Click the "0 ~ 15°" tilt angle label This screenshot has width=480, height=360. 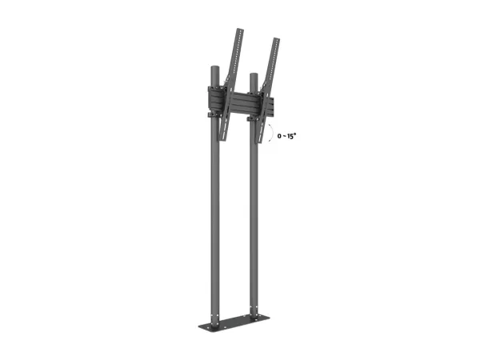[287, 136]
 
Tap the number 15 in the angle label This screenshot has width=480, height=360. [290, 136]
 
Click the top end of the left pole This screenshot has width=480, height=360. [215, 66]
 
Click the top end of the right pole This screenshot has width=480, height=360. [254, 74]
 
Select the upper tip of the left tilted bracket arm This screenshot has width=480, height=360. [240, 30]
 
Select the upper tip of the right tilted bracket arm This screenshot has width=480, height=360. [277, 39]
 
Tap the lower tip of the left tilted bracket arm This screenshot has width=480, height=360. [222, 140]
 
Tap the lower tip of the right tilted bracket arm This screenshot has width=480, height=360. [259, 142]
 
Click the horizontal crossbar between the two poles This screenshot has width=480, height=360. [242, 103]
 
